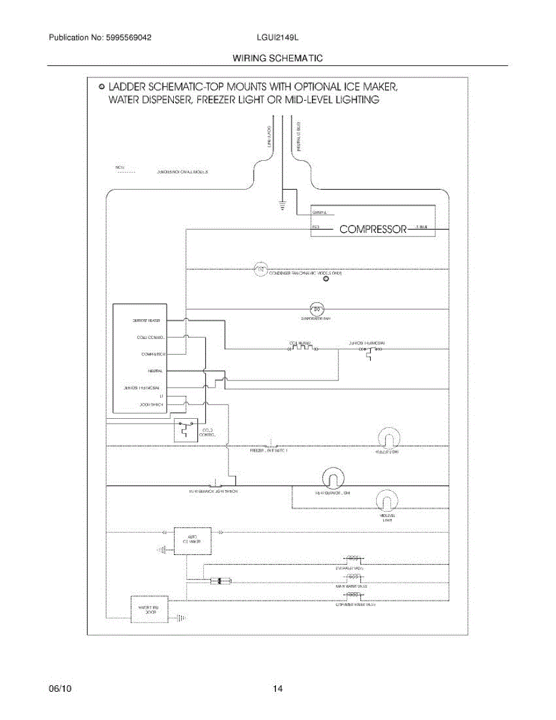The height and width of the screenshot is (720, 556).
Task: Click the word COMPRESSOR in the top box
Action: point(374,229)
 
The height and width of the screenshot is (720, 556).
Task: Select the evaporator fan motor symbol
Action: point(318,309)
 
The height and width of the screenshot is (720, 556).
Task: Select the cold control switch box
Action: point(186,430)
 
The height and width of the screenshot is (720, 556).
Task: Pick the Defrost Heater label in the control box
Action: point(146,321)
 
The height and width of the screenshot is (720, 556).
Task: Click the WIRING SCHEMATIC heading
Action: point(278,58)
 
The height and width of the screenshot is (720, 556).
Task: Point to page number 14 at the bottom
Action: point(278,688)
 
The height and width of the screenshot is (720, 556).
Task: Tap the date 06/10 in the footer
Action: point(57,688)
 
